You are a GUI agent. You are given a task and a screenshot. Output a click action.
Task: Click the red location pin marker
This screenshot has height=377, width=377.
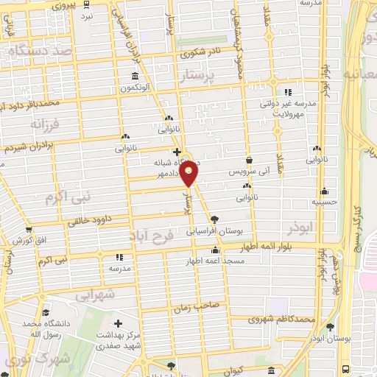(189, 174)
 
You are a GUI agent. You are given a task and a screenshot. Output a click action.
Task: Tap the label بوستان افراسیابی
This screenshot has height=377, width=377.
(215, 231)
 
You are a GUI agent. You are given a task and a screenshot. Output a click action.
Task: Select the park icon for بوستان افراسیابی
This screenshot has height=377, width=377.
(214, 219)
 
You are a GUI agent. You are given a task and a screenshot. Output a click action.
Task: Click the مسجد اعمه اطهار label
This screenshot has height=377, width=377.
(214, 262)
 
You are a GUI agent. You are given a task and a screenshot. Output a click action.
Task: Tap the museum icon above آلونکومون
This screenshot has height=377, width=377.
(135, 77)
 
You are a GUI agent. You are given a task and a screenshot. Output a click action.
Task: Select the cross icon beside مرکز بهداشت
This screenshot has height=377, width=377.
(118, 323)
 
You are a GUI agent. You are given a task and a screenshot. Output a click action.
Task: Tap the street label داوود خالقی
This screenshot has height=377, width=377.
(89, 219)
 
